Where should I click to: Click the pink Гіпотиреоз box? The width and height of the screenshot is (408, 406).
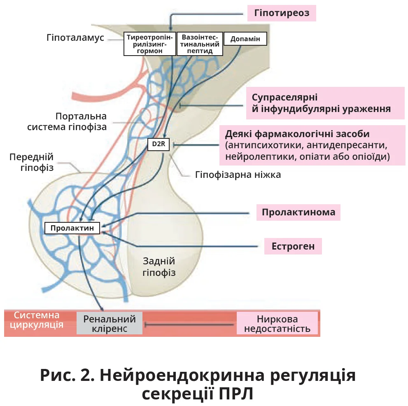[x=282, y=14]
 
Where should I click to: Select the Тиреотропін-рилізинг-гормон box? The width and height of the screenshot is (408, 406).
[x=150, y=44]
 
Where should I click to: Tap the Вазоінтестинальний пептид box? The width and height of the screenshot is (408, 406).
[x=200, y=44]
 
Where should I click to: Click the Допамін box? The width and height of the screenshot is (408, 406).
[x=245, y=39]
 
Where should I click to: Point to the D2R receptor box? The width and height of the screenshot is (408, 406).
[x=158, y=145]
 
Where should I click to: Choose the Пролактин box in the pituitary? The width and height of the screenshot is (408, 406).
[x=72, y=228]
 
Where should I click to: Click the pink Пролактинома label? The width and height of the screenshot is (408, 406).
[x=298, y=212]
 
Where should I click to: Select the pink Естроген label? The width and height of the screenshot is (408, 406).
[x=293, y=246]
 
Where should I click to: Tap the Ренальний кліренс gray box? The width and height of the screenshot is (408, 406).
[x=110, y=324]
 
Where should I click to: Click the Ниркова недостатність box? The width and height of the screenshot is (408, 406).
[x=277, y=324]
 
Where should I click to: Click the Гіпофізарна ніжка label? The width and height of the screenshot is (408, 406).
[x=238, y=175]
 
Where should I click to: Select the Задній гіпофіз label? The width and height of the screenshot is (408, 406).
[x=159, y=266]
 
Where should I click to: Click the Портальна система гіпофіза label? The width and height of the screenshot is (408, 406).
[x=67, y=121]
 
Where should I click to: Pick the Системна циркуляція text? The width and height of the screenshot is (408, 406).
[x=37, y=320]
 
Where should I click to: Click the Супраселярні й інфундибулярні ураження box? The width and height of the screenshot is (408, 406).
[x=321, y=103]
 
